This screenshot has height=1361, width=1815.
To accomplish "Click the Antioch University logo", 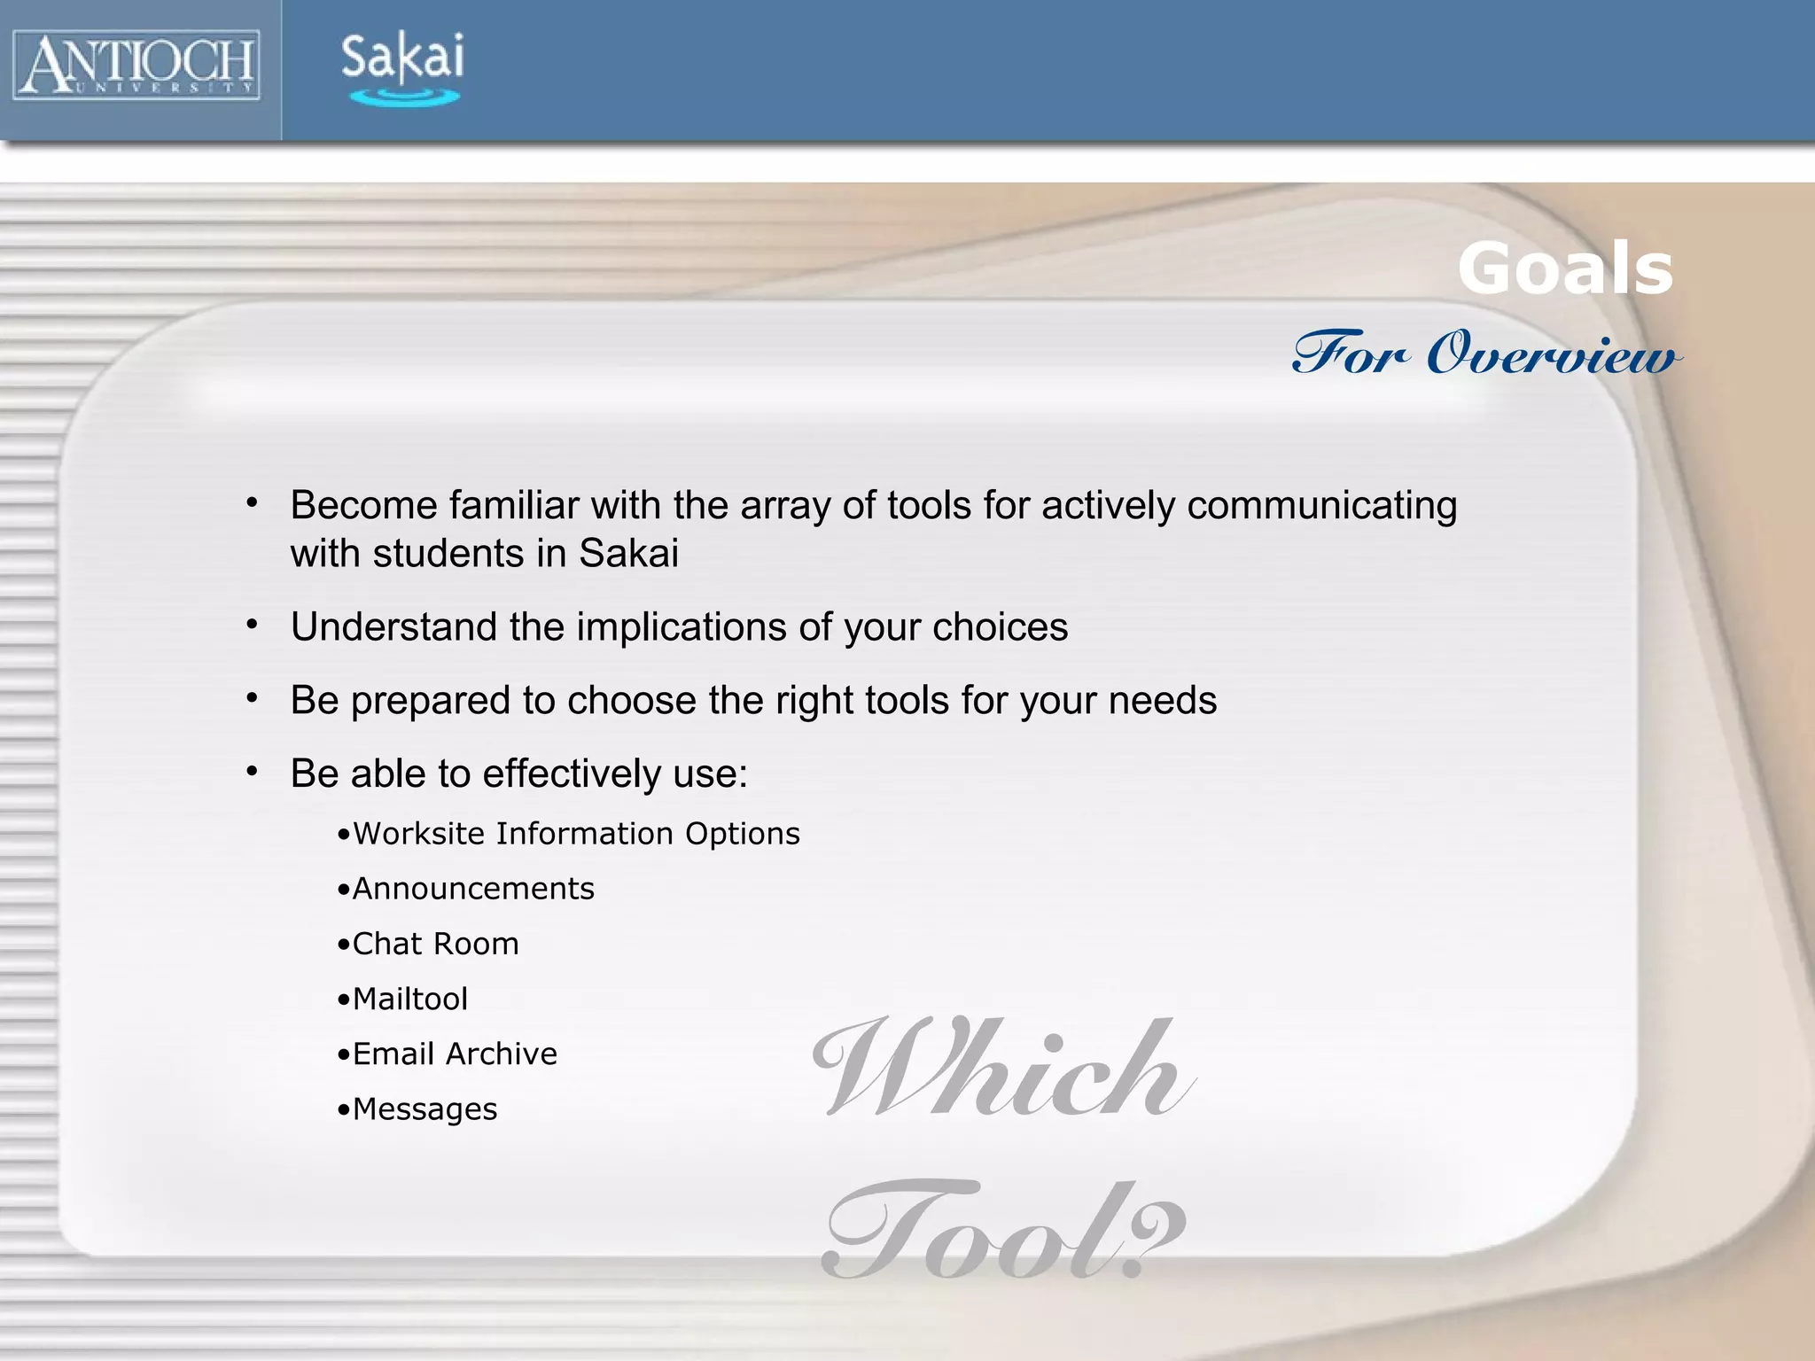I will click(136, 65).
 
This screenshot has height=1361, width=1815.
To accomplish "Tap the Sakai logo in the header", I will click(402, 68).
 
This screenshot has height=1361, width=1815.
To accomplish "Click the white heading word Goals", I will click(1565, 268).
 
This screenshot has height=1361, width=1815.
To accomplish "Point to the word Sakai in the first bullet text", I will click(628, 554).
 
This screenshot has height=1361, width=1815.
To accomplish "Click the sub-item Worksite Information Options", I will click(575, 834).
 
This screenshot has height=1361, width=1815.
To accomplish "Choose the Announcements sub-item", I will click(472, 889).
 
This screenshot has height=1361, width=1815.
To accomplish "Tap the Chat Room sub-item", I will click(435, 945).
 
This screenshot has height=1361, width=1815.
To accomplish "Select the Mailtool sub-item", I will click(409, 999).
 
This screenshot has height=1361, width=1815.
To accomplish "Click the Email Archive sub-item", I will click(455, 1054).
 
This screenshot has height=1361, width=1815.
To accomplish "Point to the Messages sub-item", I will click(425, 1109).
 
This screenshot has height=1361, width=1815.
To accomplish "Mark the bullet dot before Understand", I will click(253, 626).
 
